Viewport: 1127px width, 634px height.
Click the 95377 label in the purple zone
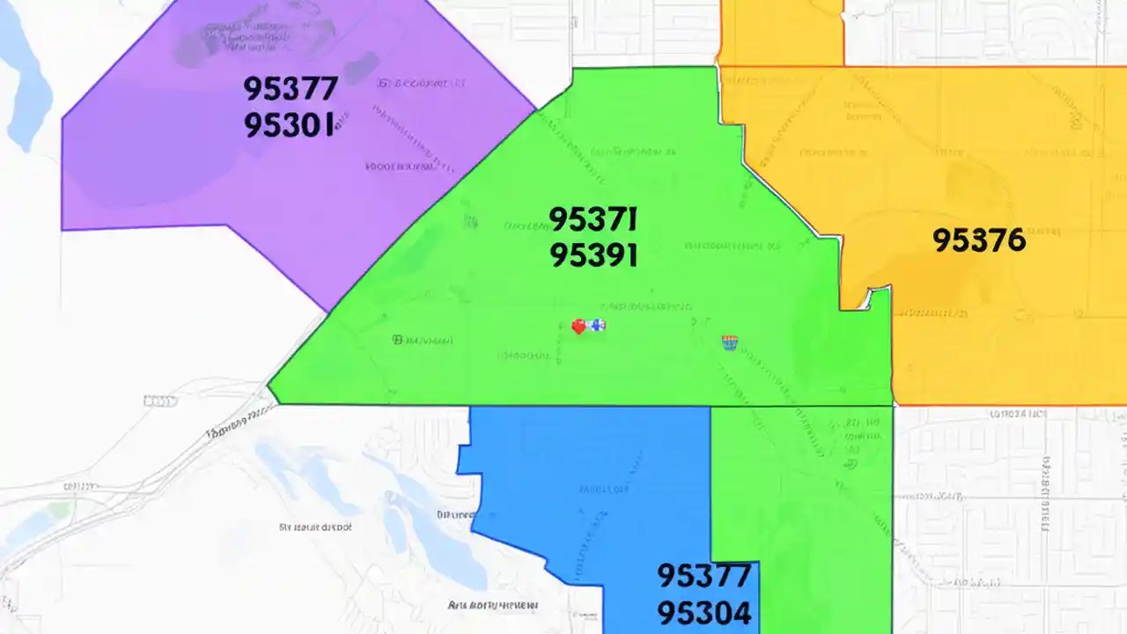point(291,88)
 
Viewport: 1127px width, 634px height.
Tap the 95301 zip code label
point(289,125)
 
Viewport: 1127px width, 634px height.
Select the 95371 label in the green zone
point(593,218)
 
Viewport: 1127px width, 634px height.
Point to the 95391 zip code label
point(593,255)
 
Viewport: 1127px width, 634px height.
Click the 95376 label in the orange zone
point(979,240)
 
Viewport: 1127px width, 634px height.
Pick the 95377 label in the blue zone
point(704,576)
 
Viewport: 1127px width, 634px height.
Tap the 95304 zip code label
point(704,612)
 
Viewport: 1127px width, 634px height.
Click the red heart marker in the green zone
point(578,327)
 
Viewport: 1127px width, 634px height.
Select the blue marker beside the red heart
point(598,325)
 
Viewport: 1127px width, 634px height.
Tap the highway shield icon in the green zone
point(729,343)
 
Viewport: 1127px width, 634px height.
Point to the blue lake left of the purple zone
point(26,79)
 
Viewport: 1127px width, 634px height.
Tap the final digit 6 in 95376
point(1015,240)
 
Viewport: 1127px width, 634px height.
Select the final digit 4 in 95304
point(741,612)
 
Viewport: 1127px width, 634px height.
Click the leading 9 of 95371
point(558,218)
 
